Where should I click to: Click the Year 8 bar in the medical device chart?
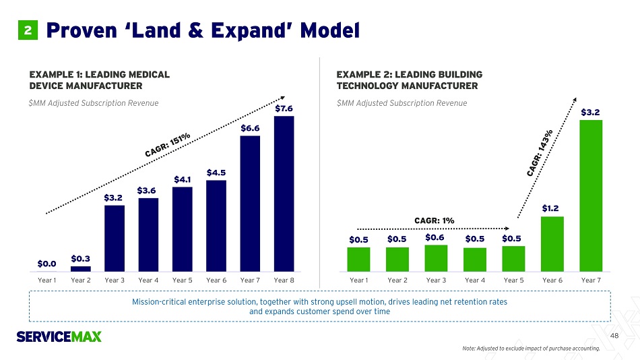pos(284,193)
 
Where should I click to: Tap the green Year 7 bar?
pos(591,194)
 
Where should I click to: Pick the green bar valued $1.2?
pos(552,243)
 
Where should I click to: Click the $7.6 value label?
pos(284,108)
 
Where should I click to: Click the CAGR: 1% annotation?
pos(434,220)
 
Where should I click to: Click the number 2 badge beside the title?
pos(28,30)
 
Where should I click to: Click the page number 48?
pos(614,335)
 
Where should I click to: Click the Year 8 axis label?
pos(284,279)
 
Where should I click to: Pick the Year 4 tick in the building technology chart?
pos(475,279)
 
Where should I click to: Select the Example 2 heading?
pos(409,80)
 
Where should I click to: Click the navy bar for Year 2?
pos(81,268)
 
